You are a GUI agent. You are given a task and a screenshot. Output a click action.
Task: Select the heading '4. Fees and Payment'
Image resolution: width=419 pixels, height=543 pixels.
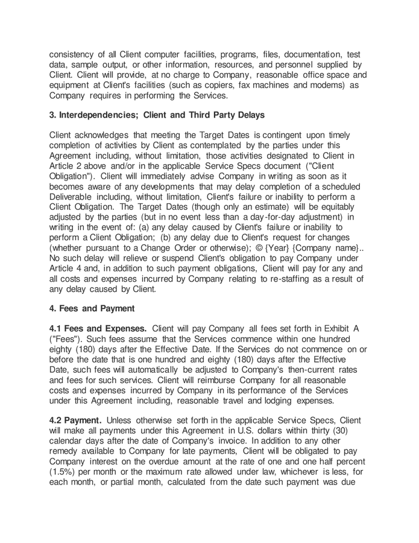[x=92, y=308]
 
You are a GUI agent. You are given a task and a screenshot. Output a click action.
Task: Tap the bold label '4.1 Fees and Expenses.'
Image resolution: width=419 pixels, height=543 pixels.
[x=98, y=328]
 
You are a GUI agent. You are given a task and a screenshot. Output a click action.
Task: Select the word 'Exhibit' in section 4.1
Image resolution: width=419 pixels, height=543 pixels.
[x=335, y=328]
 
